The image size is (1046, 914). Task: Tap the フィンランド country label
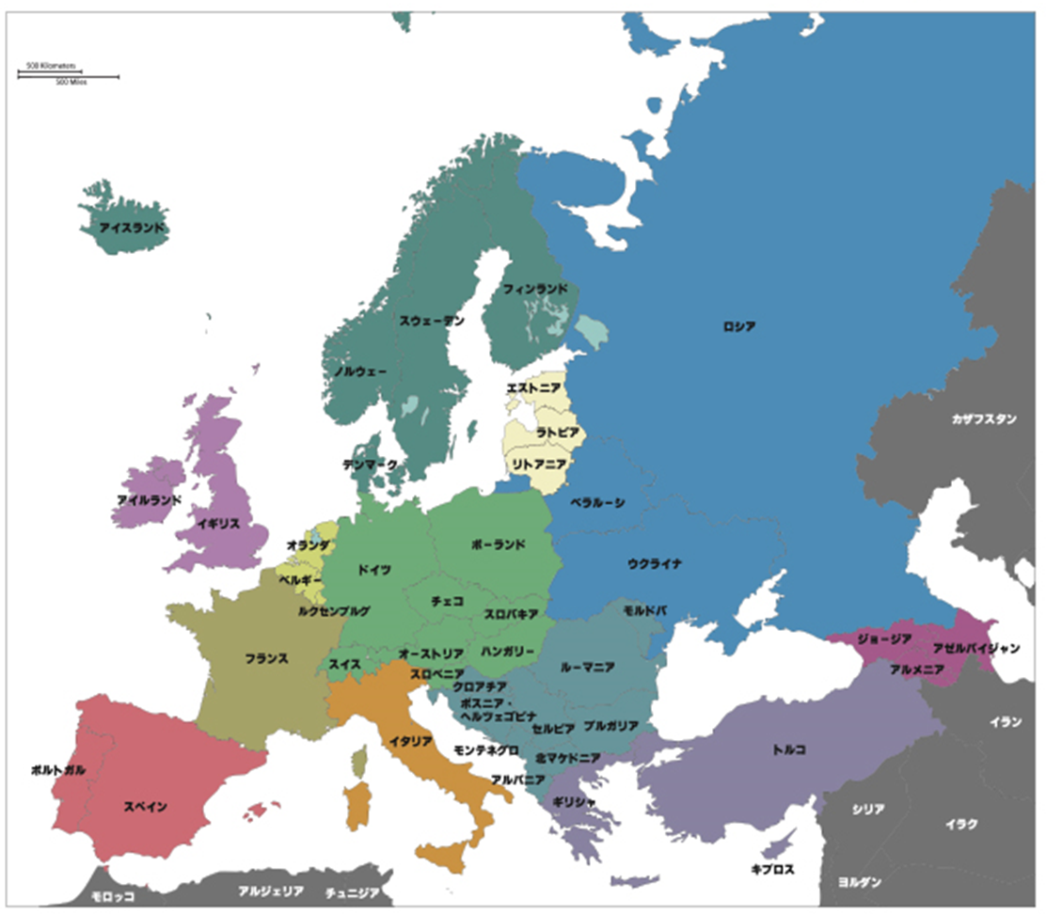click(x=535, y=289)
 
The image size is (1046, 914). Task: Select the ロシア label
click(x=738, y=326)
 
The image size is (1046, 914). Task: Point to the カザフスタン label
click(x=984, y=419)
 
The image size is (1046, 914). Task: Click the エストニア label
click(x=533, y=387)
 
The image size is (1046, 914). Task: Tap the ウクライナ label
click(x=655, y=563)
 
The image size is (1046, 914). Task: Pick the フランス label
click(x=266, y=658)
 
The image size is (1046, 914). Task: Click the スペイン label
click(x=146, y=806)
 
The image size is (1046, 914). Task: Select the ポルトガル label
click(x=58, y=769)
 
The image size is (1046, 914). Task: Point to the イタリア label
click(x=411, y=741)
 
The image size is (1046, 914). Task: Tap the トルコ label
click(x=788, y=749)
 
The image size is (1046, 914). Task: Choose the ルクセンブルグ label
click(x=334, y=610)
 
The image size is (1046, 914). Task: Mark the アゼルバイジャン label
click(x=976, y=649)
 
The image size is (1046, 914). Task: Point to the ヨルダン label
click(x=859, y=883)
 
